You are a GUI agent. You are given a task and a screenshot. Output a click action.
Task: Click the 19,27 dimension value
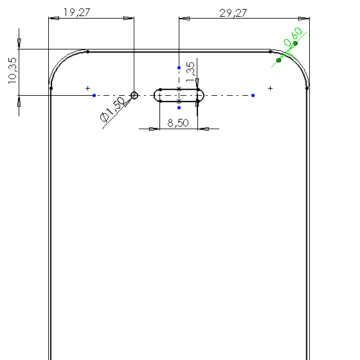click(x=76, y=12)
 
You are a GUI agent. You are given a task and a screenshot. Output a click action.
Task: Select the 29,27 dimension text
click(x=233, y=13)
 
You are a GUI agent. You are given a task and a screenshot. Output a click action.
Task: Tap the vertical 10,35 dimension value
click(x=12, y=71)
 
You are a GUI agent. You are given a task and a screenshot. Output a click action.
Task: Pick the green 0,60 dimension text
click(x=293, y=37)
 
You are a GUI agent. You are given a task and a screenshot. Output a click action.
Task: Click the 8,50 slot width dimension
click(x=178, y=123)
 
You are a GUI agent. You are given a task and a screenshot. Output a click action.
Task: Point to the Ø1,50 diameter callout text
click(x=113, y=109)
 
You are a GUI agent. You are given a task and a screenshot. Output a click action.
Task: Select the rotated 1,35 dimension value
click(x=190, y=72)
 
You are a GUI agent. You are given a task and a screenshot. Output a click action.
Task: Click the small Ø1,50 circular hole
click(x=134, y=95)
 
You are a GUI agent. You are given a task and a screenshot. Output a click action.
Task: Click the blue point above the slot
click(x=179, y=67)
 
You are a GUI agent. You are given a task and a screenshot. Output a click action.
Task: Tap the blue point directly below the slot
click(x=179, y=108)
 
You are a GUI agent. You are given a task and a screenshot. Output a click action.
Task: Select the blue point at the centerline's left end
click(x=94, y=95)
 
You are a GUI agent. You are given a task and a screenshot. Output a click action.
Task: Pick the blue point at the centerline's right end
click(x=253, y=95)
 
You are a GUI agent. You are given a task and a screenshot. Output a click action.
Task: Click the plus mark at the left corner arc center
click(x=87, y=88)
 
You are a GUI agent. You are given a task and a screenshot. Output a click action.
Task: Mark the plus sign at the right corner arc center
click(x=270, y=88)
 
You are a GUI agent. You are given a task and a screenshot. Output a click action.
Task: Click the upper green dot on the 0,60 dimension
click(x=296, y=43)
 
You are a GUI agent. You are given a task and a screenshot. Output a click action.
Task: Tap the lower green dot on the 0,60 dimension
click(x=279, y=60)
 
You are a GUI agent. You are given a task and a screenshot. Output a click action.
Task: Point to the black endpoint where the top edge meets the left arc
click(x=87, y=51)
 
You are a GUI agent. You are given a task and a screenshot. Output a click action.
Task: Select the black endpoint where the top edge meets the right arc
click(x=270, y=51)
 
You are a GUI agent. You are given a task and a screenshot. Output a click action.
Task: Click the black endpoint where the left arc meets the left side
click(x=51, y=88)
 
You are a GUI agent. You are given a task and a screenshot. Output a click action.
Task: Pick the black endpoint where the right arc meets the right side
click(x=307, y=88)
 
